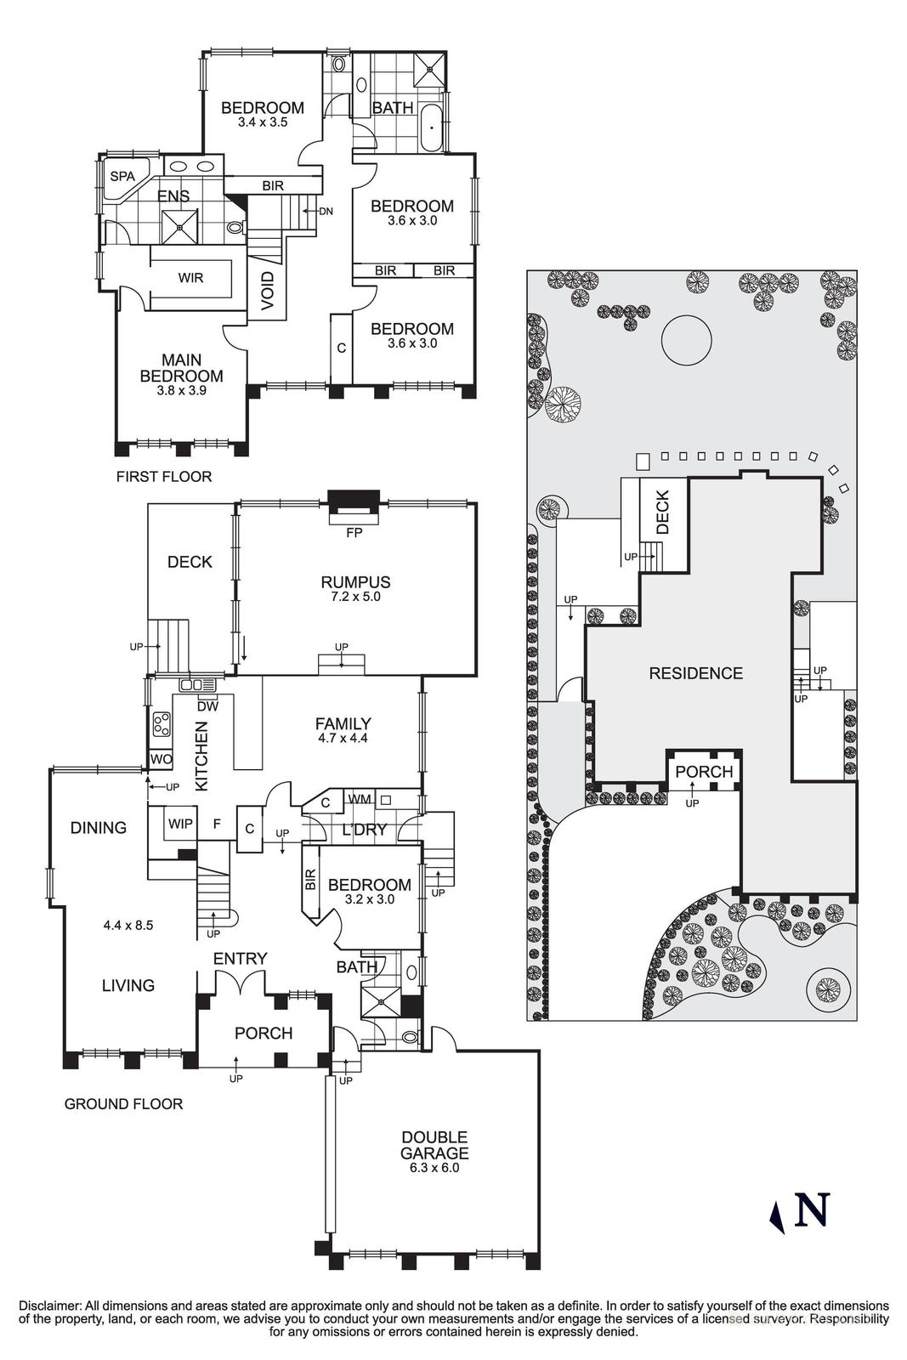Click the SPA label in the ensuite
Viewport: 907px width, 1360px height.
(x=122, y=176)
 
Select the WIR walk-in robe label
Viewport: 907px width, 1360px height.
(x=190, y=278)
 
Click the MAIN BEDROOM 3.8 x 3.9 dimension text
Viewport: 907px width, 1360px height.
(x=181, y=391)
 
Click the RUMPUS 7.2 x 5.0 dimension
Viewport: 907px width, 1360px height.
(x=355, y=597)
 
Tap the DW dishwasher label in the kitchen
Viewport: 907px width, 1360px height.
(x=207, y=705)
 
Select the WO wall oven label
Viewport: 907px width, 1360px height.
(x=161, y=759)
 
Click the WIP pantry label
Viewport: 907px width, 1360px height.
(x=180, y=824)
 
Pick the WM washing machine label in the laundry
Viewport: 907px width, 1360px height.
(x=359, y=799)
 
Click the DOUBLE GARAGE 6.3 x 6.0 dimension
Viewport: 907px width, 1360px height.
(x=434, y=1168)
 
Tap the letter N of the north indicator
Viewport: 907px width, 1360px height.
(x=811, y=1210)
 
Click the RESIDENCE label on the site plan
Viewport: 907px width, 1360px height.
(x=695, y=673)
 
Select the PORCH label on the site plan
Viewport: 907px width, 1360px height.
(x=704, y=772)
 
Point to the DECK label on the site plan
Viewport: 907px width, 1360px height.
(x=663, y=513)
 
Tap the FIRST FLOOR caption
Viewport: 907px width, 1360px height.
(x=164, y=477)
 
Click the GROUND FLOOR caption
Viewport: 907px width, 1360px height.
(x=123, y=1104)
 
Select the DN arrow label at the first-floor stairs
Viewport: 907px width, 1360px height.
(x=326, y=211)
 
